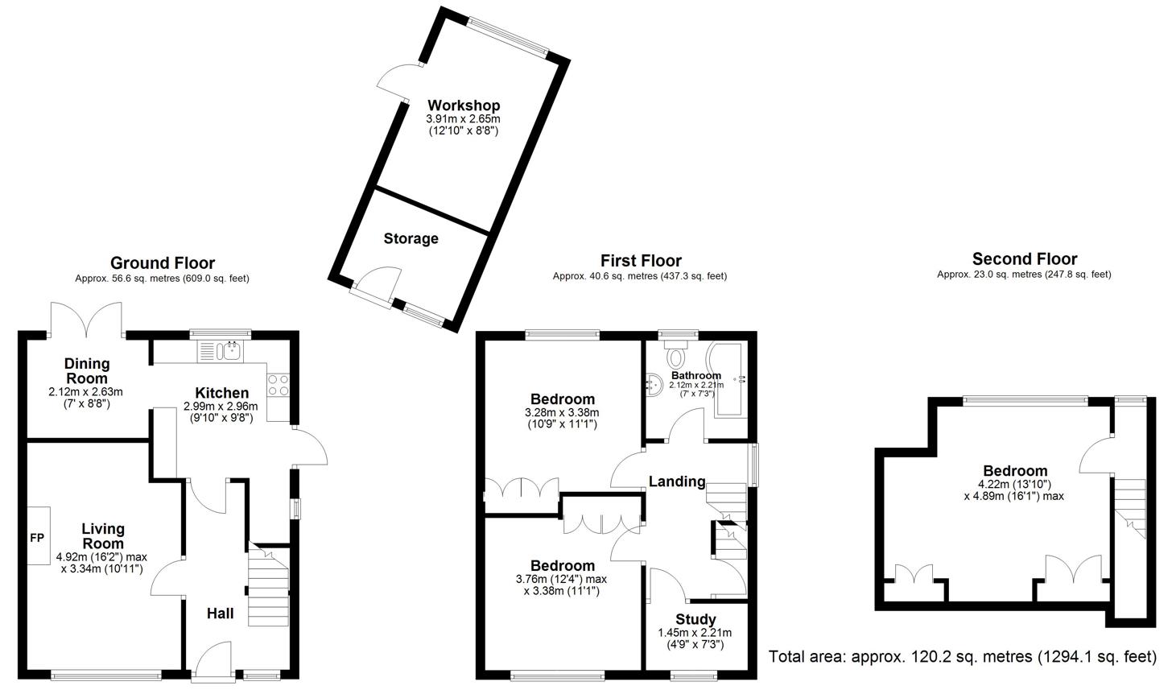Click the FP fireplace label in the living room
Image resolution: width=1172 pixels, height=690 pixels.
(x=36, y=537)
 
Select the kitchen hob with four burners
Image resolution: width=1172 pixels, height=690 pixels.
(x=279, y=385)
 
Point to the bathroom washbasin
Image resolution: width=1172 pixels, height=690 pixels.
(x=653, y=386)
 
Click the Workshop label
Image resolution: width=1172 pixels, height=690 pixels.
(x=463, y=105)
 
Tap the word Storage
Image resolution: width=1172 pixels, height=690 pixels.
(x=411, y=238)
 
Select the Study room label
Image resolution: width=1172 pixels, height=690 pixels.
(x=695, y=619)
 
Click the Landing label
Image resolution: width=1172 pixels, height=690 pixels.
(x=677, y=481)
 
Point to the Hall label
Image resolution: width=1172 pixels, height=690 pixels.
(x=220, y=614)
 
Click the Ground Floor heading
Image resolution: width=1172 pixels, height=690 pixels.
(x=162, y=262)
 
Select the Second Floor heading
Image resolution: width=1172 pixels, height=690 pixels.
(x=1024, y=258)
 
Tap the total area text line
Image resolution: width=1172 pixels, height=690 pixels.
(x=962, y=657)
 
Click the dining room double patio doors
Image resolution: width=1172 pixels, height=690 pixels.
(x=86, y=319)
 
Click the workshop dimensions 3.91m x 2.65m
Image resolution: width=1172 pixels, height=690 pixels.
(x=463, y=119)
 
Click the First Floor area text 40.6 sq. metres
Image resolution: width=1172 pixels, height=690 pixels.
(x=639, y=276)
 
